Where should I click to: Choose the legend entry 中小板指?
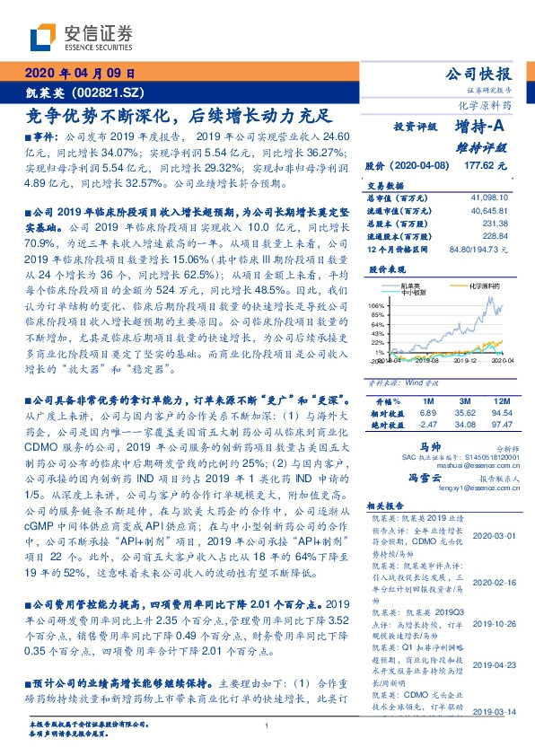tap(415, 291)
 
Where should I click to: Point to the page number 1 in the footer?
tap(267, 726)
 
